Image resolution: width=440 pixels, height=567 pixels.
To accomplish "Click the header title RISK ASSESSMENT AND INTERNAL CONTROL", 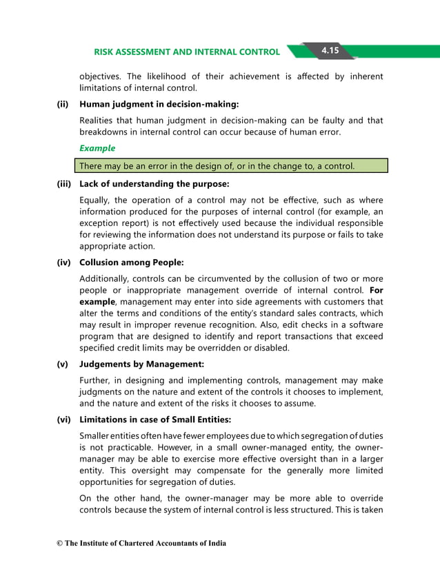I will (187, 52).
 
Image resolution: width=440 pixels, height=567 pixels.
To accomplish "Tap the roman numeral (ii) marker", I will (63, 104).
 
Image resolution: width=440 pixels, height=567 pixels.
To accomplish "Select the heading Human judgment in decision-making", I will (159, 104).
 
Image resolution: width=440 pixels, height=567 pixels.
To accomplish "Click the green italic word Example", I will (97, 148).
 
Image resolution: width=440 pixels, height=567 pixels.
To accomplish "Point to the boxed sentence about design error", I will (233, 166).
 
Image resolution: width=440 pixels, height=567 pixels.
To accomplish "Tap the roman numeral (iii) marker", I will (64, 185).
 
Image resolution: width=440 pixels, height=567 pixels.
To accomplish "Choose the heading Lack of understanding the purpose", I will (154, 185).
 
